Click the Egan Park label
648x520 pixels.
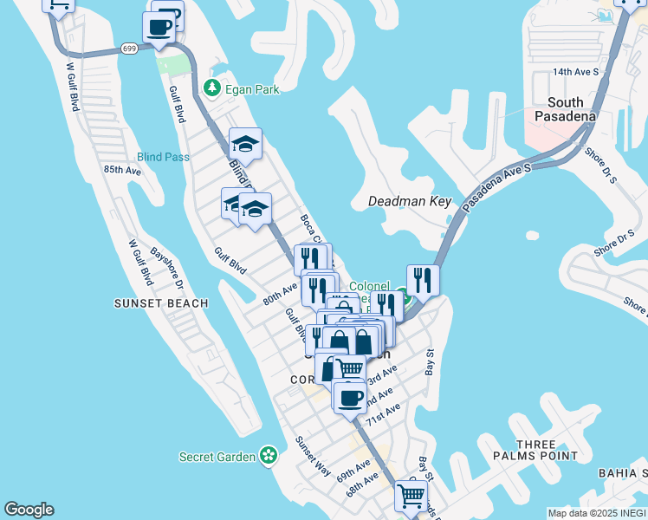[252, 88]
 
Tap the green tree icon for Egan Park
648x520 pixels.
[211, 88]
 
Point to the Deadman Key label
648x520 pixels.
[410, 201]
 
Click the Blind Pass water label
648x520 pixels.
[162, 157]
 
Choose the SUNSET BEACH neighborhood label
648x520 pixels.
[161, 303]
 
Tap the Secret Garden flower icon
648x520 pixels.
[269, 454]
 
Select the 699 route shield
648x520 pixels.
[129, 49]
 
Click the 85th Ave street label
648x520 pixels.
[121, 170]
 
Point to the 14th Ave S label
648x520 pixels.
[576, 72]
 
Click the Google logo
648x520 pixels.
[29, 510]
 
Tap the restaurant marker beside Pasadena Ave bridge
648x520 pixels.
[422, 279]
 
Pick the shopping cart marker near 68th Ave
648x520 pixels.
[410, 496]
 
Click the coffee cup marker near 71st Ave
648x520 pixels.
[350, 398]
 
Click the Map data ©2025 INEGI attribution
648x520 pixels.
[596, 513]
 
